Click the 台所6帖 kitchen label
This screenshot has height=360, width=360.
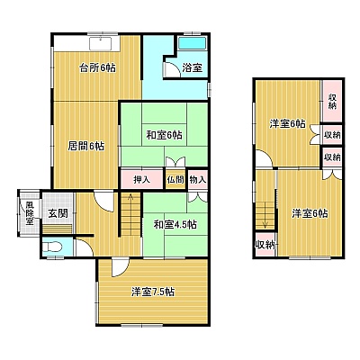pos(97,68)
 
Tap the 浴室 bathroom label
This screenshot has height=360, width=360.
pos(192,68)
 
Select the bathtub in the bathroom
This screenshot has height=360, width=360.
pos(193,44)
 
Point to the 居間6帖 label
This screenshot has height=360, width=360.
pos(86,147)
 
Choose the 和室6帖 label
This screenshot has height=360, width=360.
pos(164,135)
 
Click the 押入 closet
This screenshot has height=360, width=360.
pos(141,180)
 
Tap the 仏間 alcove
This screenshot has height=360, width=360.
pos(175,180)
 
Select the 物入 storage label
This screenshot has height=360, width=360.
pos(198,180)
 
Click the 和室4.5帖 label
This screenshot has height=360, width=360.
pos(175,224)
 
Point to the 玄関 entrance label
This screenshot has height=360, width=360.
pos(58,213)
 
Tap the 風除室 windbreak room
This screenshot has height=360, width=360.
pos(30,213)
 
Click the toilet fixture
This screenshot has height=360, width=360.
pos(52,247)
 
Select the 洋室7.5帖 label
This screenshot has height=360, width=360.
pos(153,292)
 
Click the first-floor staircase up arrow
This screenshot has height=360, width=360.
pos(130,210)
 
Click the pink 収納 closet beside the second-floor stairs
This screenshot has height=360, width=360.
pos(265,245)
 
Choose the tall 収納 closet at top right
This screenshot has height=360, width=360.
pos(332,101)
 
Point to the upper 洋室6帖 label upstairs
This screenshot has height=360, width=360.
pos(287,123)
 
